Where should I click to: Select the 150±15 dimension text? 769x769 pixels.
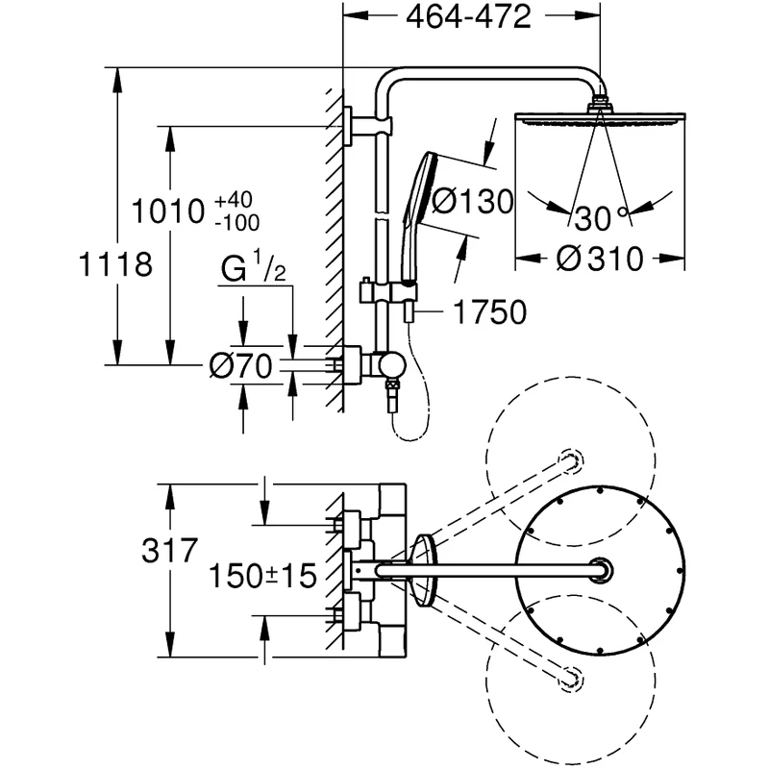click(263, 576)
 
